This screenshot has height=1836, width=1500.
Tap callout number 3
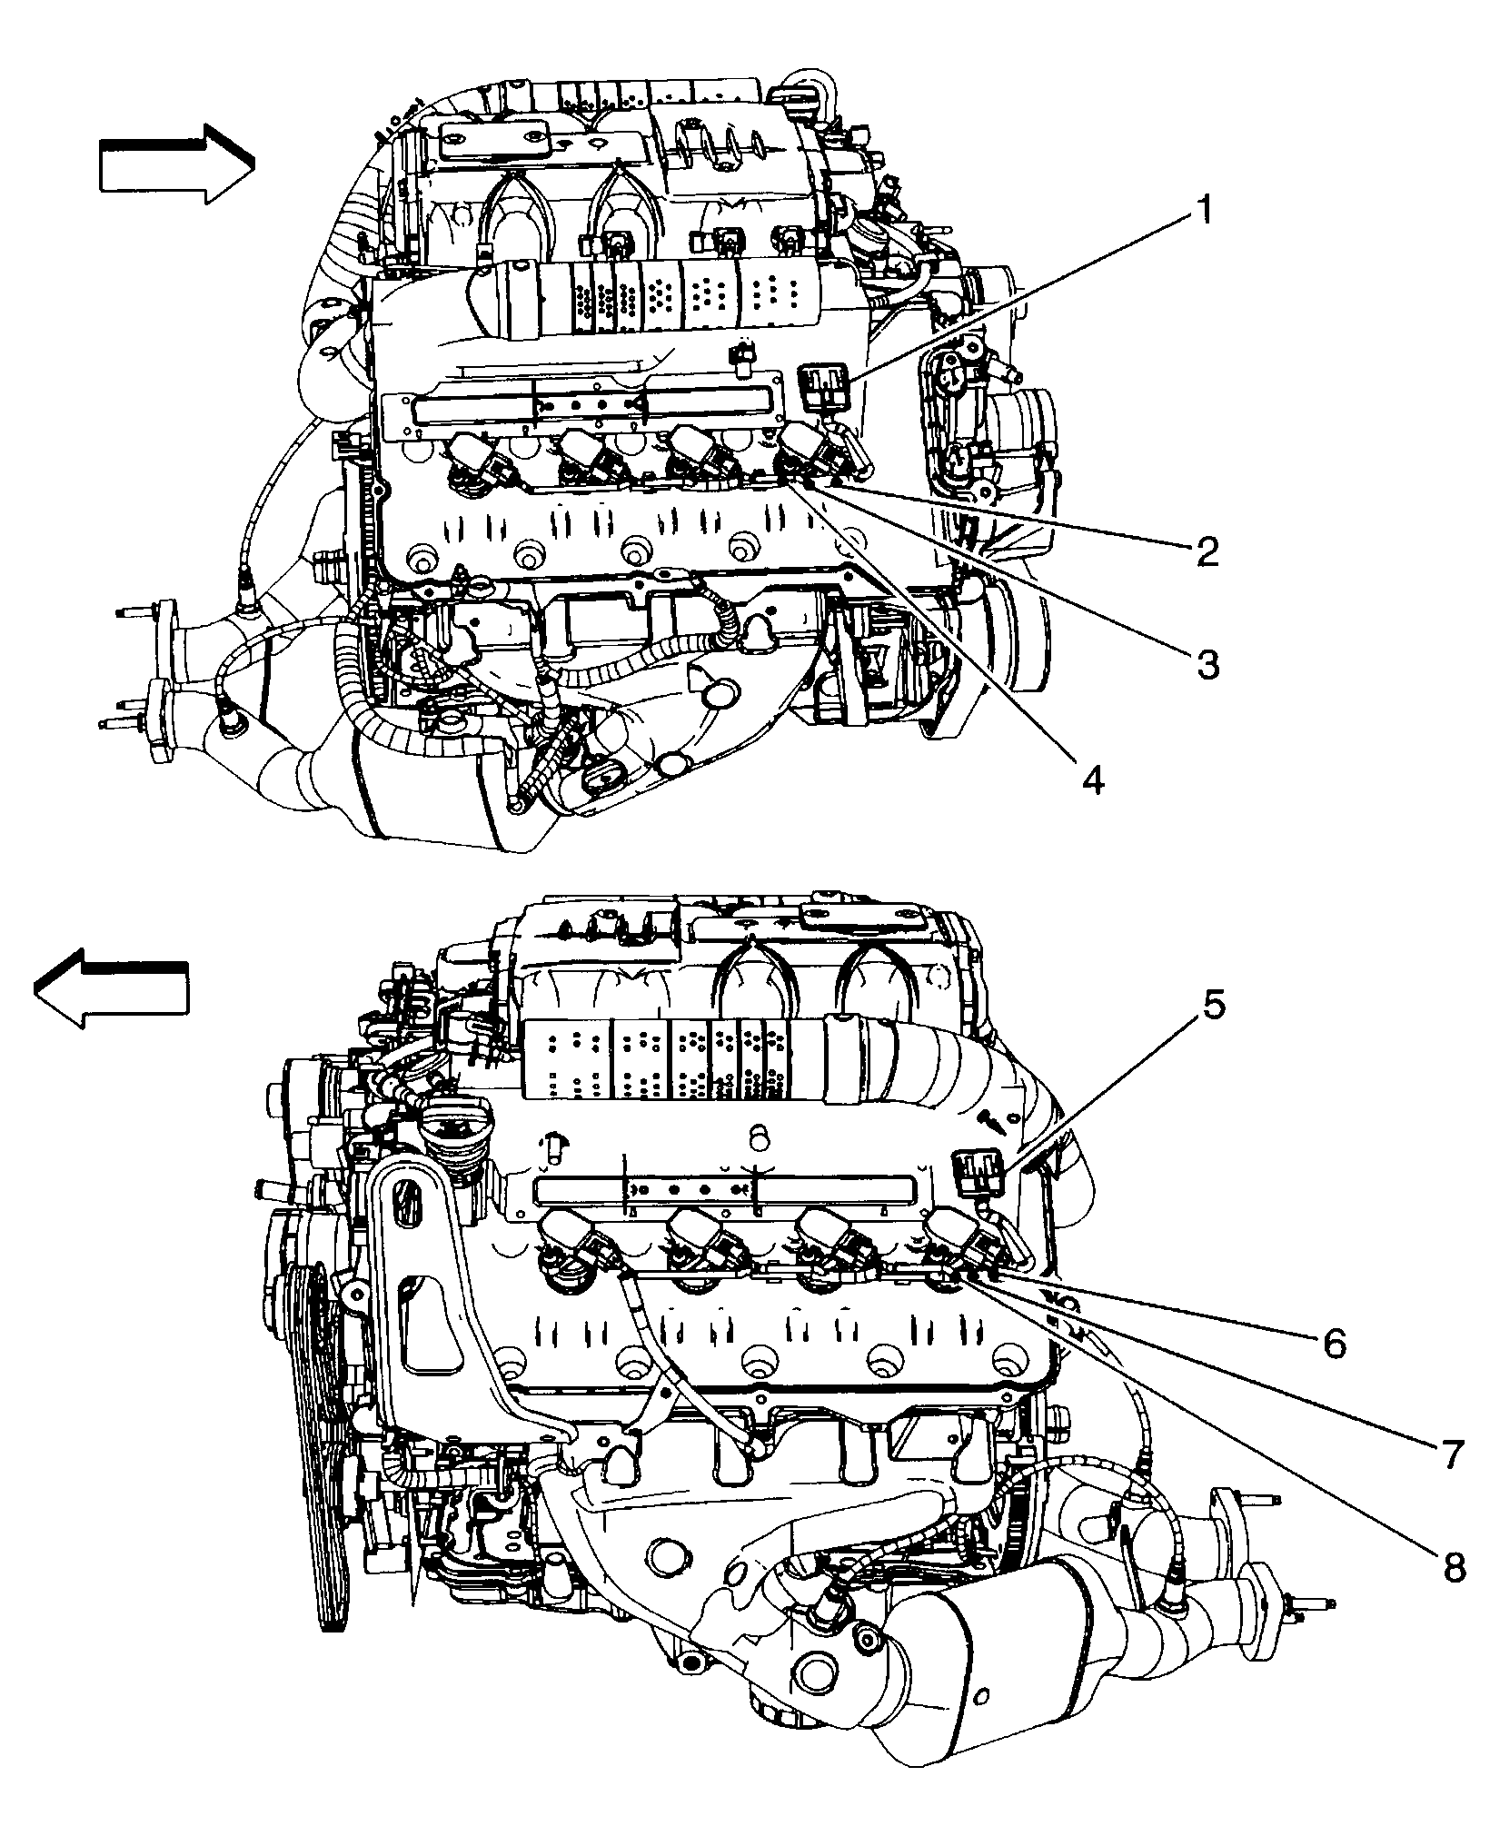pos(1206,663)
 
